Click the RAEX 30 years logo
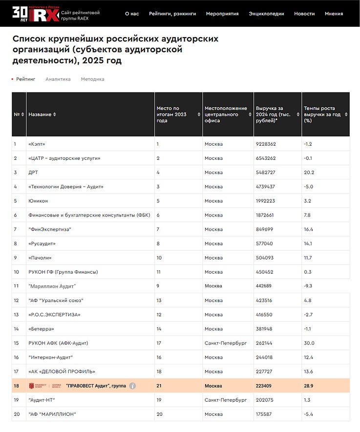click(x=36, y=14)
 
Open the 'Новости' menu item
click(x=304, y=14)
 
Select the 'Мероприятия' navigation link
click(x=222, y=14)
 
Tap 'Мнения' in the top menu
click(x=334, y=14)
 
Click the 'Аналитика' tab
click(x=58, y=79)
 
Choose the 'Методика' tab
click(x=93, y=79)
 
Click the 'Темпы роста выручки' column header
click(x=322, y=114)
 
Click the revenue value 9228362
click(x=266, y=144)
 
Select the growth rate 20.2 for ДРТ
click(x=309, y=173)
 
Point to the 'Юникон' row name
click(x=38, y=201)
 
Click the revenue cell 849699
click(x=264, y=229)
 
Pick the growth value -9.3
click(x=308, y=286)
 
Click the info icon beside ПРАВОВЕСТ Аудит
click(x=132, y=386)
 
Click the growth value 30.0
click(x=309, y=343)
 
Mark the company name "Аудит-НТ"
click(x=42, y=400)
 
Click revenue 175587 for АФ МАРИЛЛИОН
click(x=264, y=414)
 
